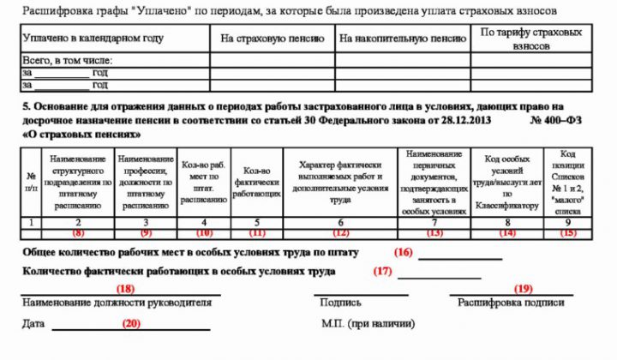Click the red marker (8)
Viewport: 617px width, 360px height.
tap(78, 232)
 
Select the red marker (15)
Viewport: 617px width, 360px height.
tap(568, 232)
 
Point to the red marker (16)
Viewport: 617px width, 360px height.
tap(404, 252)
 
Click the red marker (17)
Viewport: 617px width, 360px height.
tap(382, 271)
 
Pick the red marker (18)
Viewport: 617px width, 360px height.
tap(126, 289)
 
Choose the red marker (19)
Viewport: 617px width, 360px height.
tap(524, 289)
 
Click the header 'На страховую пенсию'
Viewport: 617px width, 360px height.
tap(273, 39)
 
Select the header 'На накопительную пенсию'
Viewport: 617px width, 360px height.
tap(402, 39)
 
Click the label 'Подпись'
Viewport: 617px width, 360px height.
tap(340, 303)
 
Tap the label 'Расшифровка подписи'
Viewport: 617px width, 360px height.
tap(511, 303)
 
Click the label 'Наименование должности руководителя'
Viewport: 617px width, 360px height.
tap(117, 303)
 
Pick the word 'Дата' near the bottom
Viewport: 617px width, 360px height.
tap(34, 324)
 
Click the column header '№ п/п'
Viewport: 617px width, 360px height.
tap(31, 181)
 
